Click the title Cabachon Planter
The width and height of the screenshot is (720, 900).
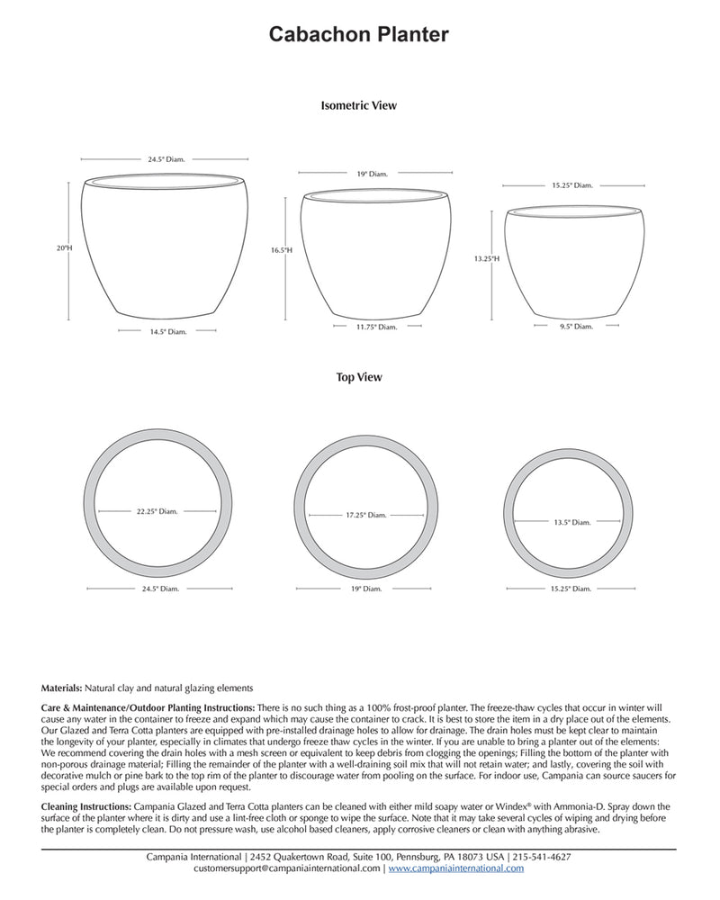click(359, 35)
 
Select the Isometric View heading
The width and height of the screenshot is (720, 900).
click(358, 105)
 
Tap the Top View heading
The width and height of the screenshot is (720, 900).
click(358, 378)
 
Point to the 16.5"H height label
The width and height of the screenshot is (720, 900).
click(282, 251)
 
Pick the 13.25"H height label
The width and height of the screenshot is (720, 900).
click(486, 258)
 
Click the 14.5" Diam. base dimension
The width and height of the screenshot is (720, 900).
click(167, 331)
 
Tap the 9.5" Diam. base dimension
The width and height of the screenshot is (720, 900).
click(576, 327)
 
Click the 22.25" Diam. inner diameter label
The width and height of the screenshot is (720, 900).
click(157, 511)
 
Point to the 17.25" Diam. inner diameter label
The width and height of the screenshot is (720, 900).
click(365, 516)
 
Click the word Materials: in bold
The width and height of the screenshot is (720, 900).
click(62, 688)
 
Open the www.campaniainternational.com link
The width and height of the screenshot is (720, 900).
click(456, 869)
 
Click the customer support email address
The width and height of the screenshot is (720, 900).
click(287, 869)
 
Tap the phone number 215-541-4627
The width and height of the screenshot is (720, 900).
click(542, 858)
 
